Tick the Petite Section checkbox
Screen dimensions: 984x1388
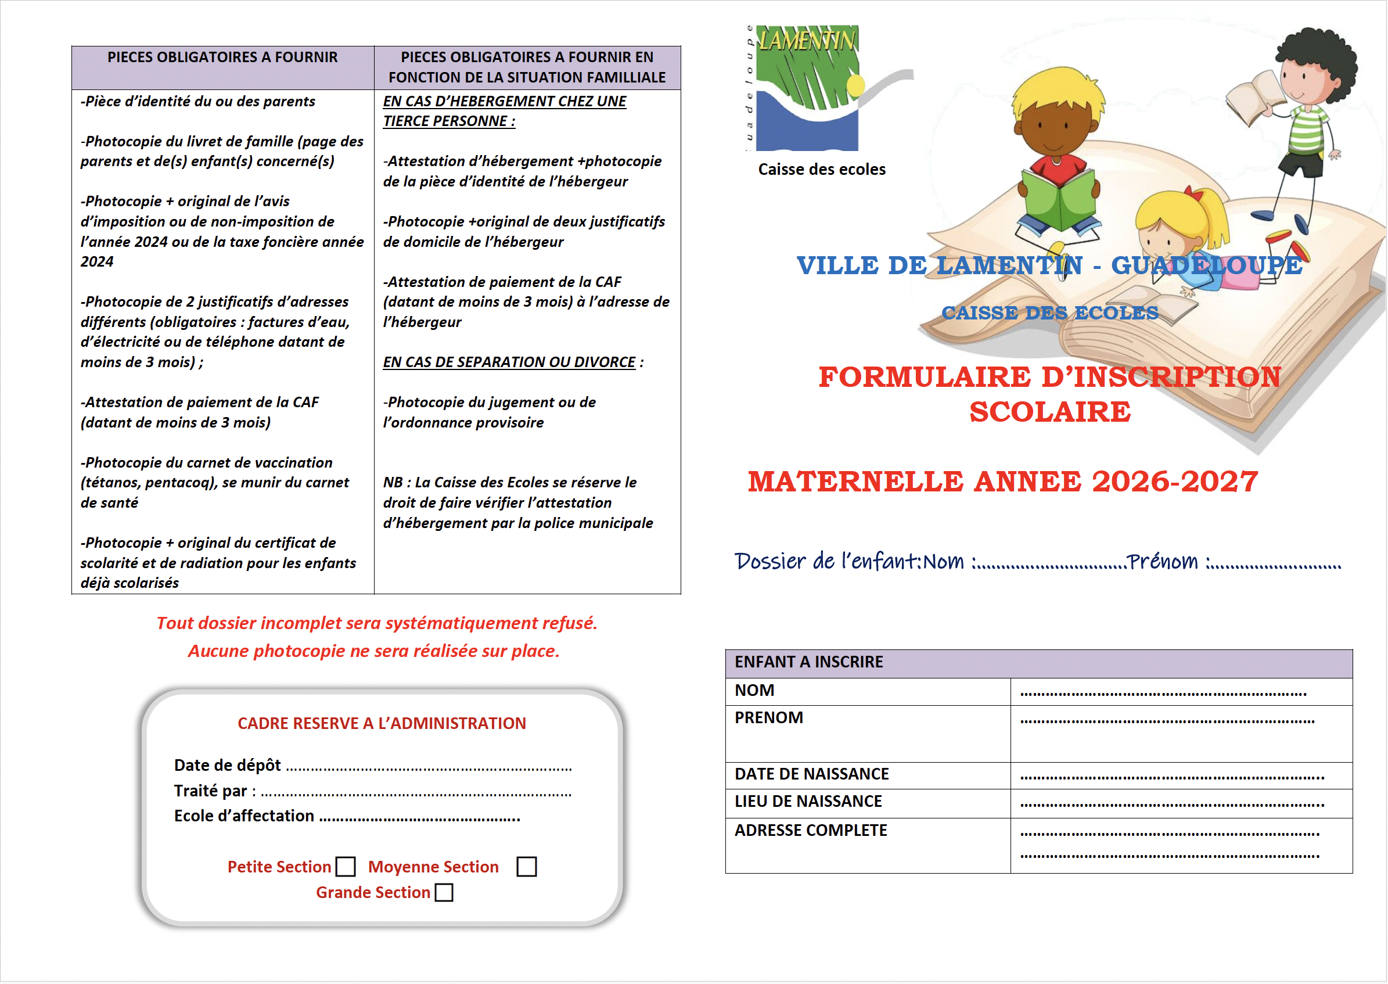[346, 867]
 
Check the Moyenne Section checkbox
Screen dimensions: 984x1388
[527, 867]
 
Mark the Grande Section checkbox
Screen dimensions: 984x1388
[444, 892]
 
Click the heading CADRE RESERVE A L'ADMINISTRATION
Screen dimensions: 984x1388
[382, 723]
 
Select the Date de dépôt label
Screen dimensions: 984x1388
[227, 765]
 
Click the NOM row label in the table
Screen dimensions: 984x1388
[754, 691]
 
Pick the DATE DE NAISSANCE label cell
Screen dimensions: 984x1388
[811, 774]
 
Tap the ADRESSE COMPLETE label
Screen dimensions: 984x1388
[811, 831]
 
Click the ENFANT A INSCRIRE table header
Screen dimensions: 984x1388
[809, 662]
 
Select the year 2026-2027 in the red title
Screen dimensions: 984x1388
[1175, 482]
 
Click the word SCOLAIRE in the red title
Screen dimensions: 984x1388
[1050, 412]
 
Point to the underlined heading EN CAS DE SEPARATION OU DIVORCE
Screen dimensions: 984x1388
[509, 362]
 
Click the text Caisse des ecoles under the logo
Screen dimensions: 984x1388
[822, 170]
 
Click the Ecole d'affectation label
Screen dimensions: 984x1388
[244, 816]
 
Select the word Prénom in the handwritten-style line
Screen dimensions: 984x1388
[1163, 562]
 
